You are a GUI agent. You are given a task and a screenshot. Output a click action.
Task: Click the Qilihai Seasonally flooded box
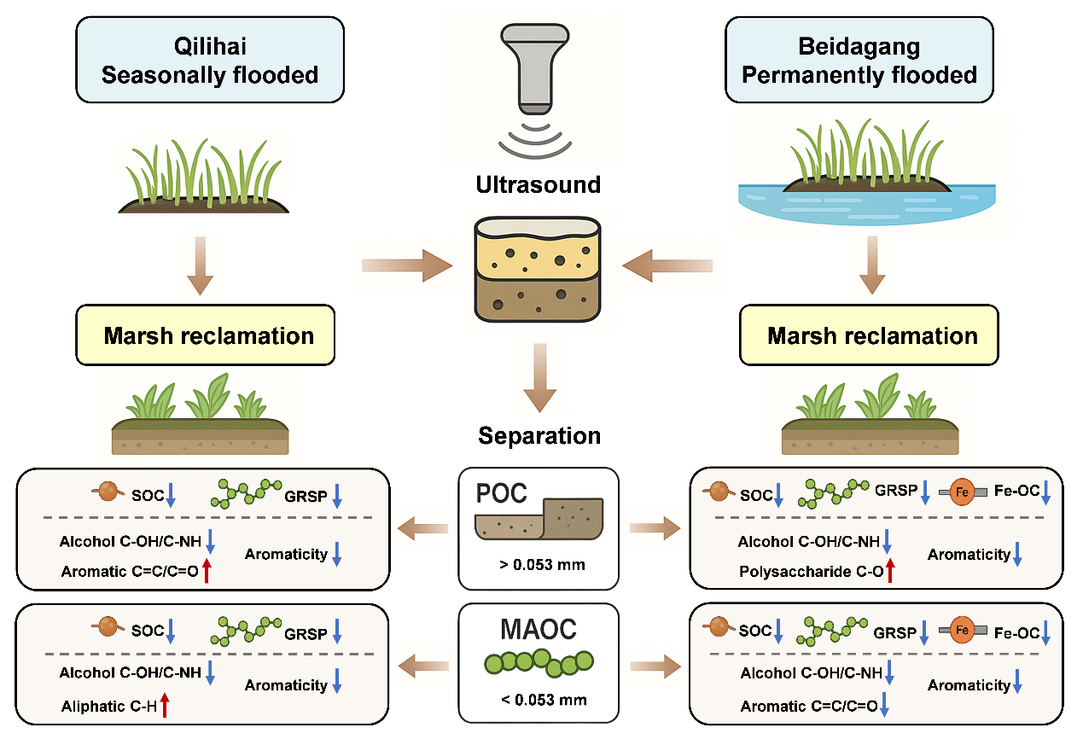pyautogui.click(x=210, y=61)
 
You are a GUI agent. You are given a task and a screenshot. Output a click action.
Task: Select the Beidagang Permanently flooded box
pyautogui.click(x=859, y=61)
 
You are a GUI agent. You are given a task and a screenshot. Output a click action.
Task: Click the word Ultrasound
pyautogui.click(x=539, y=184)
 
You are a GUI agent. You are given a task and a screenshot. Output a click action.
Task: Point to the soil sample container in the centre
pyautogui.click(x=538, y=270)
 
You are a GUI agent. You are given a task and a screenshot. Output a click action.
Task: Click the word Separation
pyautogui.click(x=539, y=436)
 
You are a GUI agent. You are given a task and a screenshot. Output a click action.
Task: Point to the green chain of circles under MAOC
pyautogui.click(x=539, y=661)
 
